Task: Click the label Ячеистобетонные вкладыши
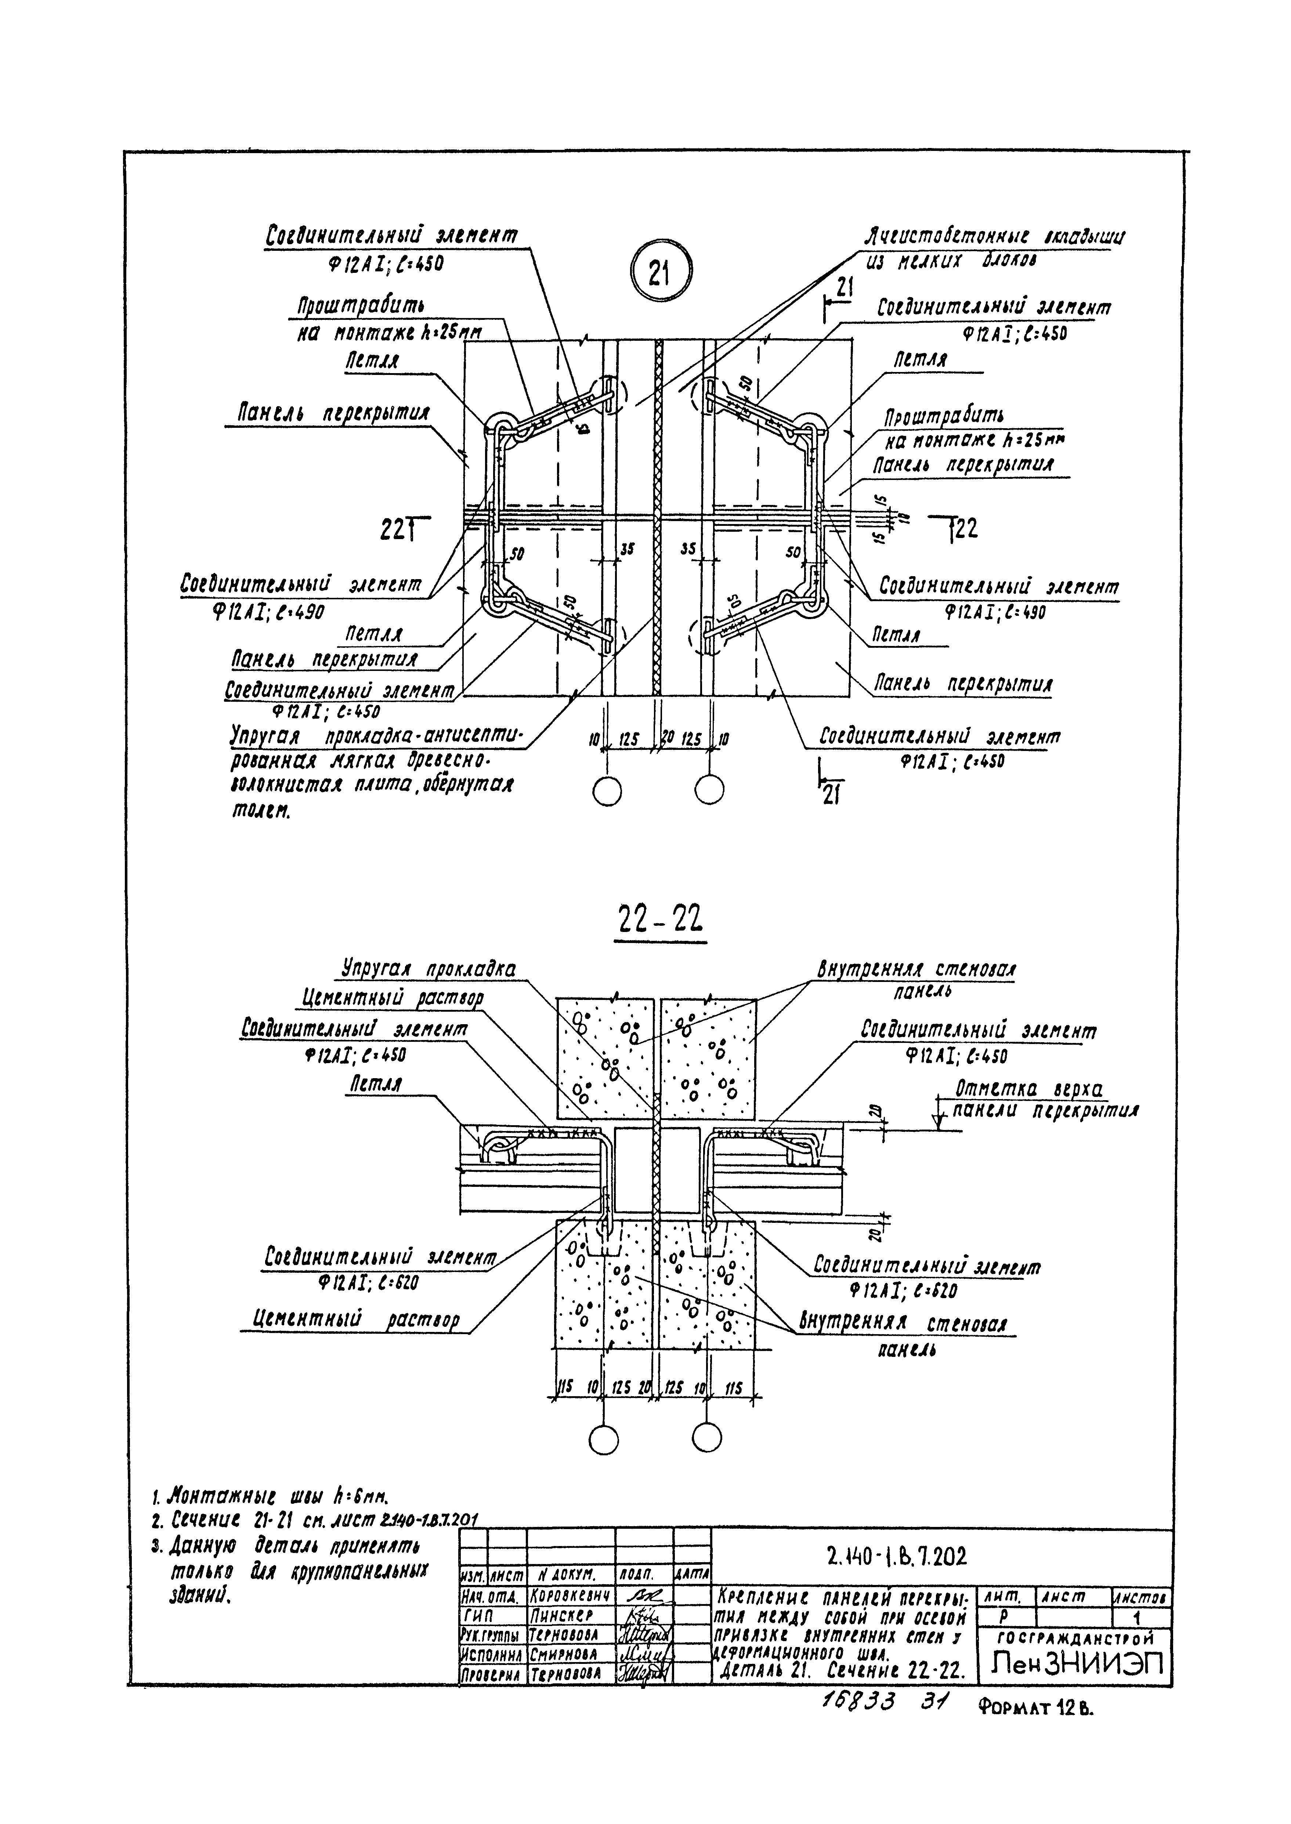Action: click(x=994, y=237)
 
